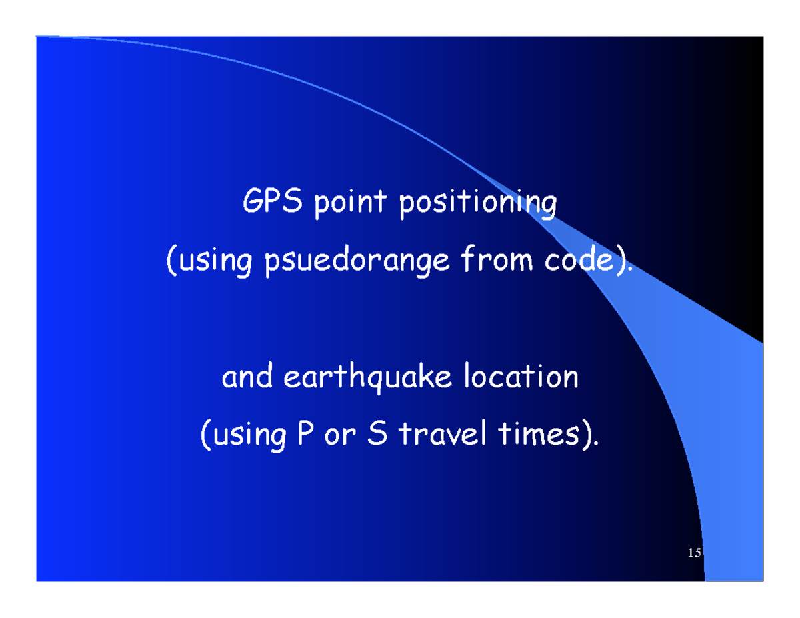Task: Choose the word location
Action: [x=521, y=378]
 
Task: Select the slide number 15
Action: [x=693, y=553]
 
